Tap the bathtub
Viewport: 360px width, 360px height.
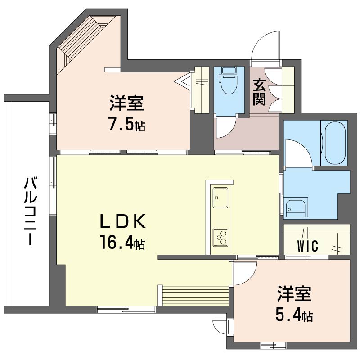[x=335, y=143]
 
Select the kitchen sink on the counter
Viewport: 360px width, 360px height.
[x=220, y=198]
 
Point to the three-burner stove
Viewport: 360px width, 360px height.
[x=220, y=238]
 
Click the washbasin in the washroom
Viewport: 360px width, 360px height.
[x=296, y=207]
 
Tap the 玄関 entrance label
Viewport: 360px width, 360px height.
[x=260, y=92]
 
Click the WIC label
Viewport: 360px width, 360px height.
[x=308, y=246]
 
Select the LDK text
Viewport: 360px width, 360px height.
[x=122, y=221]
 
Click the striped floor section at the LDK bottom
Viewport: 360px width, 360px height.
[x=196, y=296]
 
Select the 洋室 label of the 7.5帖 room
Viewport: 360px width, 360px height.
[x=127, y=103]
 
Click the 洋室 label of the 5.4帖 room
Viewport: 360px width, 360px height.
[x=294, y=294]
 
